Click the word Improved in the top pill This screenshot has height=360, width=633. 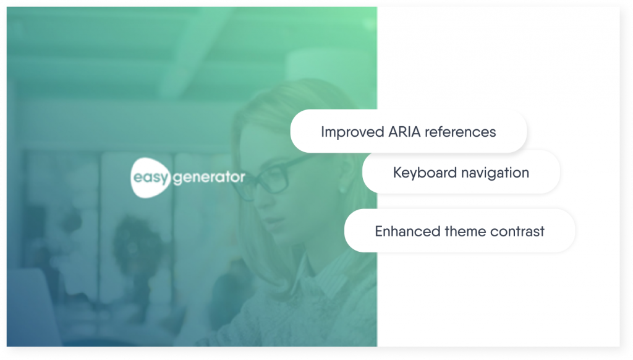(352, 132)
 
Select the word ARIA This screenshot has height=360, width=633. (404, 132)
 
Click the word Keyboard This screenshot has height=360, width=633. (425, 173)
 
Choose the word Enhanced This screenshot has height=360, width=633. (407, 231)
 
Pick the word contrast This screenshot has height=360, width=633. (517, 231)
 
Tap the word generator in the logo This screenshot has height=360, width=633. (209, 178)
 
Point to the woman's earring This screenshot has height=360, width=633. (342, 189)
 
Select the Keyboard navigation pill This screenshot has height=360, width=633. (461, 172)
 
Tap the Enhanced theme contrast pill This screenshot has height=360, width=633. (459, 231)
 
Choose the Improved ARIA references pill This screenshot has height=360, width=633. (409, 131)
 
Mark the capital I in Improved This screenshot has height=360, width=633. (323, 132)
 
